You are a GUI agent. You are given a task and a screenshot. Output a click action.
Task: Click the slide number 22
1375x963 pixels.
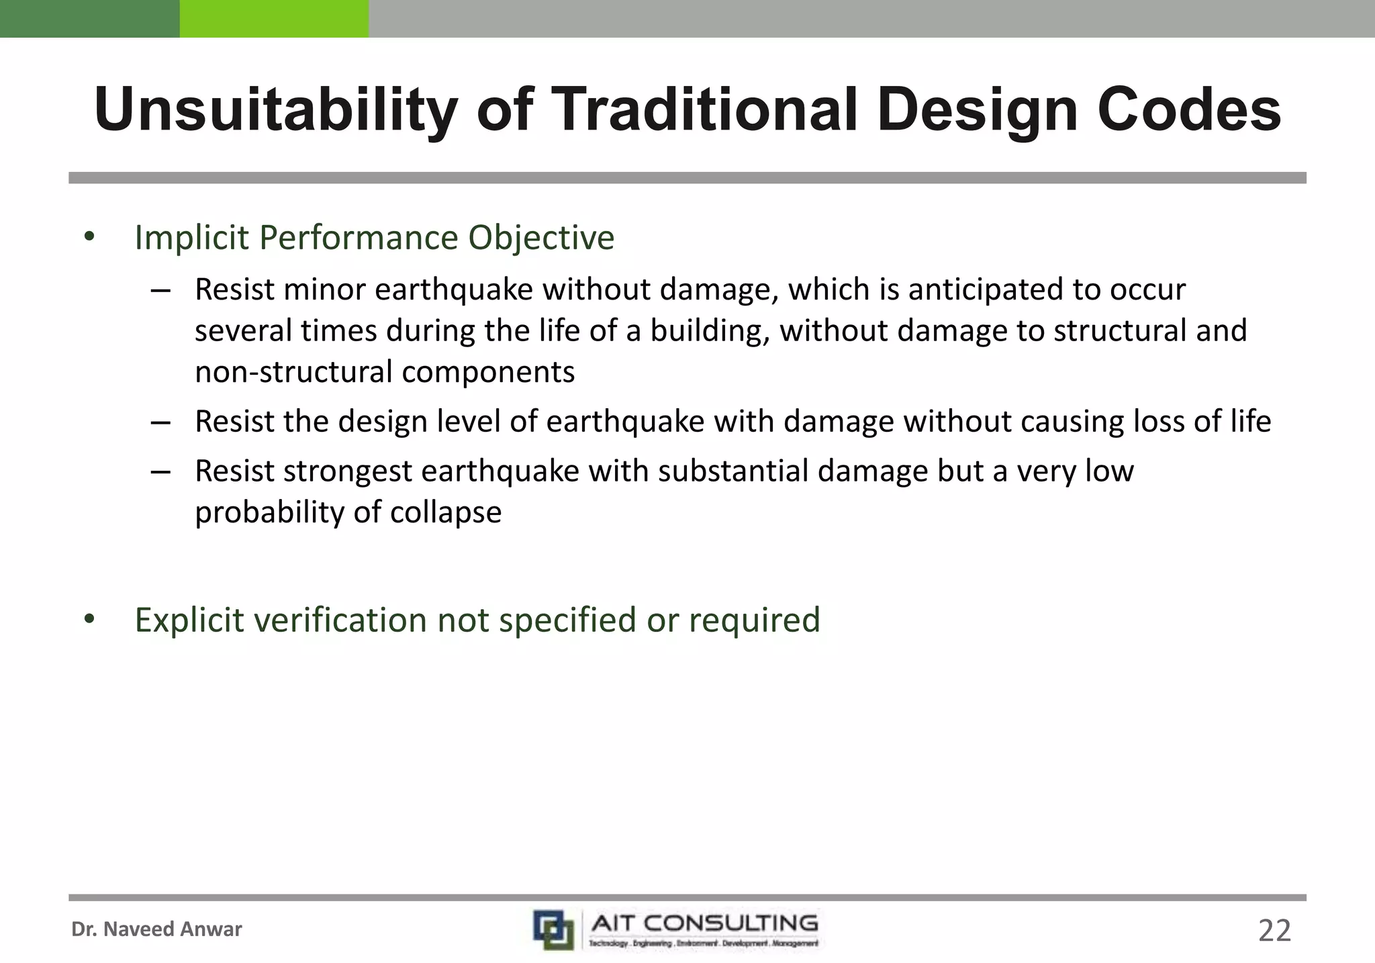pos(1274,931)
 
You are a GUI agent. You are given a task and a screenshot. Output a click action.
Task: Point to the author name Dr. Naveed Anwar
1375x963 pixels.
pos(156,929)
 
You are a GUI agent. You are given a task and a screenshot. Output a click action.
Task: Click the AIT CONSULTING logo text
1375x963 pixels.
pos(704,923)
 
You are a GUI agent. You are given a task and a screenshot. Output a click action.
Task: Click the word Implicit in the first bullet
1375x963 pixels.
pos(192,238)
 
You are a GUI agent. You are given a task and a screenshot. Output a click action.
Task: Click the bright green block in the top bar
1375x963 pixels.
pos(274,18)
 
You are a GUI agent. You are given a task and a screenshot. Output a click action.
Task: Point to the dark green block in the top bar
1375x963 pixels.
pos(89,18)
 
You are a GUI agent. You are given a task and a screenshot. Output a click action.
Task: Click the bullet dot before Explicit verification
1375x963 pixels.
pos(89,619)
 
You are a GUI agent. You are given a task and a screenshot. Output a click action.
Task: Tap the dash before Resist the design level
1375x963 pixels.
pos(161,422)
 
